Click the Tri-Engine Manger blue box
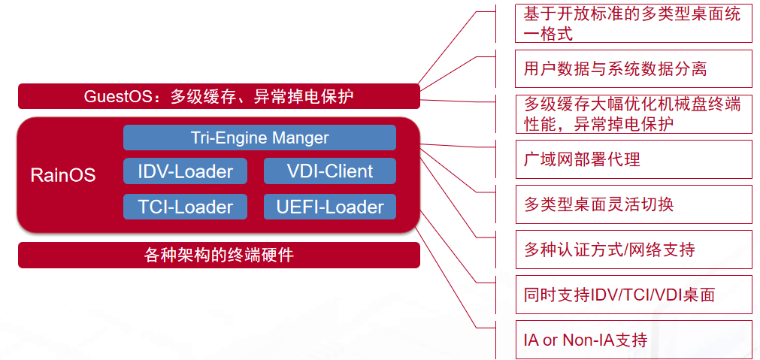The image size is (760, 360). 259,138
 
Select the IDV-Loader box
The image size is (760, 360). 185,171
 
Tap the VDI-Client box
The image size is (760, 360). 329,171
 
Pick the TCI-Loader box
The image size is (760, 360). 185,207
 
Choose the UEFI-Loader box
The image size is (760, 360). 329,207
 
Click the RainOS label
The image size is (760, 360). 63,175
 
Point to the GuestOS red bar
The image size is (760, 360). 218,96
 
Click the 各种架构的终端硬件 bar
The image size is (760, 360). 218,256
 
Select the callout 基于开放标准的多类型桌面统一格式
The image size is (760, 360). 633,24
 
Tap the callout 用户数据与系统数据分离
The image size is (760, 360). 633,69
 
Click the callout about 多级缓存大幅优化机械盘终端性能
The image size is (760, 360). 633,113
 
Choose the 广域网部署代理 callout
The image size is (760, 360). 633,159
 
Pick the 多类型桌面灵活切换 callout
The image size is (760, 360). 633,204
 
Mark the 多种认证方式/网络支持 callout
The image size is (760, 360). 633,250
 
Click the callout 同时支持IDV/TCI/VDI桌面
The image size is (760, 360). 633,295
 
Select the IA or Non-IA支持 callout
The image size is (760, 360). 633,340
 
